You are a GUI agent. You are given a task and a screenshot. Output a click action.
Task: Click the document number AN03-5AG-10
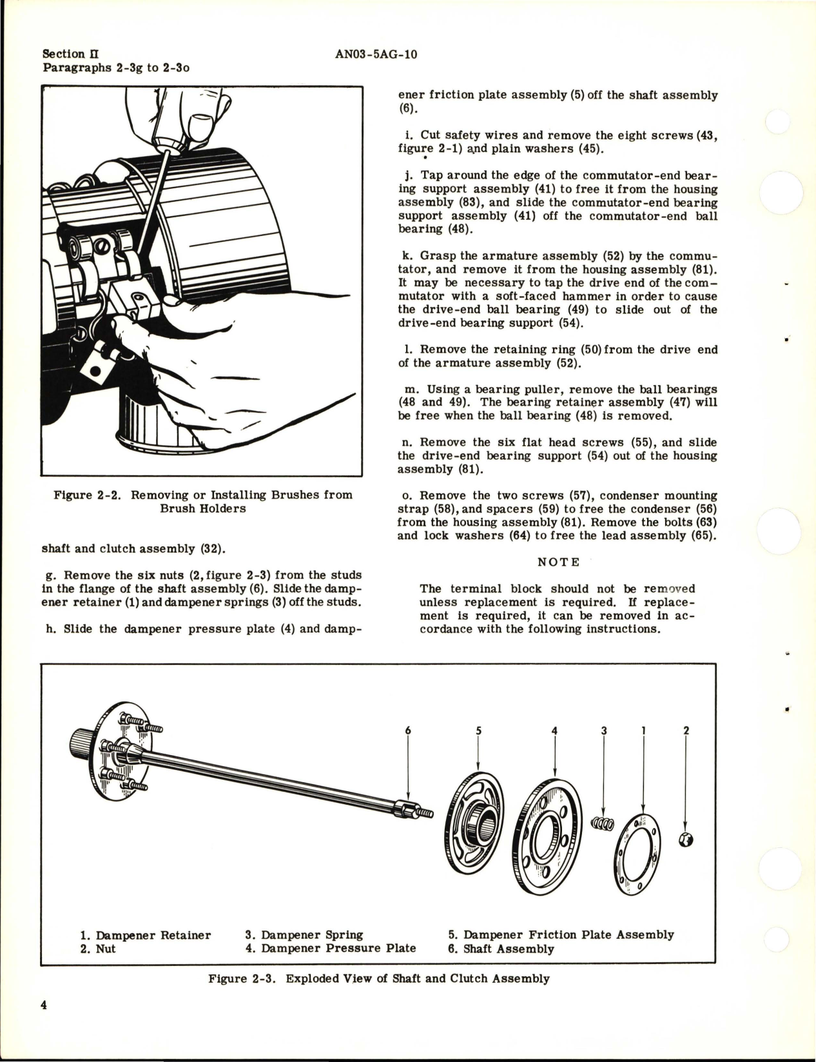[x=376, y=54]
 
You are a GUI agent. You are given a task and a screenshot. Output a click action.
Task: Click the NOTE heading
[x=559, y=562]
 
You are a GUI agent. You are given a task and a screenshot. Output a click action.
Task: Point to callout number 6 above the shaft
[x=407, y=731]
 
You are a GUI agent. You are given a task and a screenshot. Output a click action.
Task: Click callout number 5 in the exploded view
[x=478, y=731]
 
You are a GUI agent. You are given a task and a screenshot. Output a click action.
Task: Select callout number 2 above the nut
[x=685, y=731]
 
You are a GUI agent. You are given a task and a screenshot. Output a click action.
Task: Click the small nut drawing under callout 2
[x=686, y=840]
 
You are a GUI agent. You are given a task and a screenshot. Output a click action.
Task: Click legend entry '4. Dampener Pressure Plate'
[x=330, y=948]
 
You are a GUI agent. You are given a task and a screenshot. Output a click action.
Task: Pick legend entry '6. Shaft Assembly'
[x=501, y=949]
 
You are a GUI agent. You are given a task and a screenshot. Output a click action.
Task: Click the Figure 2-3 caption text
[x=378, y=978]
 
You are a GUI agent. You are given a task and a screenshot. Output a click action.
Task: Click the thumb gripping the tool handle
[x=200, y=122]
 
